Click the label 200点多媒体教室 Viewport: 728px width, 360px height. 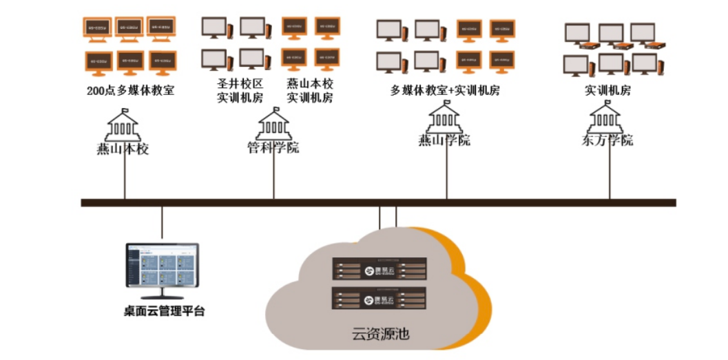click(x=130, y=90)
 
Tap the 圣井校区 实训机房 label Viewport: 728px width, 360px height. click(x=240, y=90)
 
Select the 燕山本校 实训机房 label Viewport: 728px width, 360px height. click(x=310, y=90)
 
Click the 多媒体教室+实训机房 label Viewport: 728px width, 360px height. click(x=445, y=90)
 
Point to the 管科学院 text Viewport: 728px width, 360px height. click(x=273, y=147)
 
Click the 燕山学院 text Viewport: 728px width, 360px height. click(x=444, y=140)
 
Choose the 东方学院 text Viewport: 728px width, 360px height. click(x=607, y=140)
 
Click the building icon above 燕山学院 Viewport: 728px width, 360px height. click(x=444, y=118)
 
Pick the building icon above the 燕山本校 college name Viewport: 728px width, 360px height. click(x=123, y=125)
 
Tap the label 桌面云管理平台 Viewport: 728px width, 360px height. click(x=160, y=311)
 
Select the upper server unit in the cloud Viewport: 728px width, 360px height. click(x=379, y=268)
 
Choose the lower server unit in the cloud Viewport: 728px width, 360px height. click(x=379, y=298)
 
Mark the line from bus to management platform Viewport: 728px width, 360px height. click(x=163, y=224)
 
